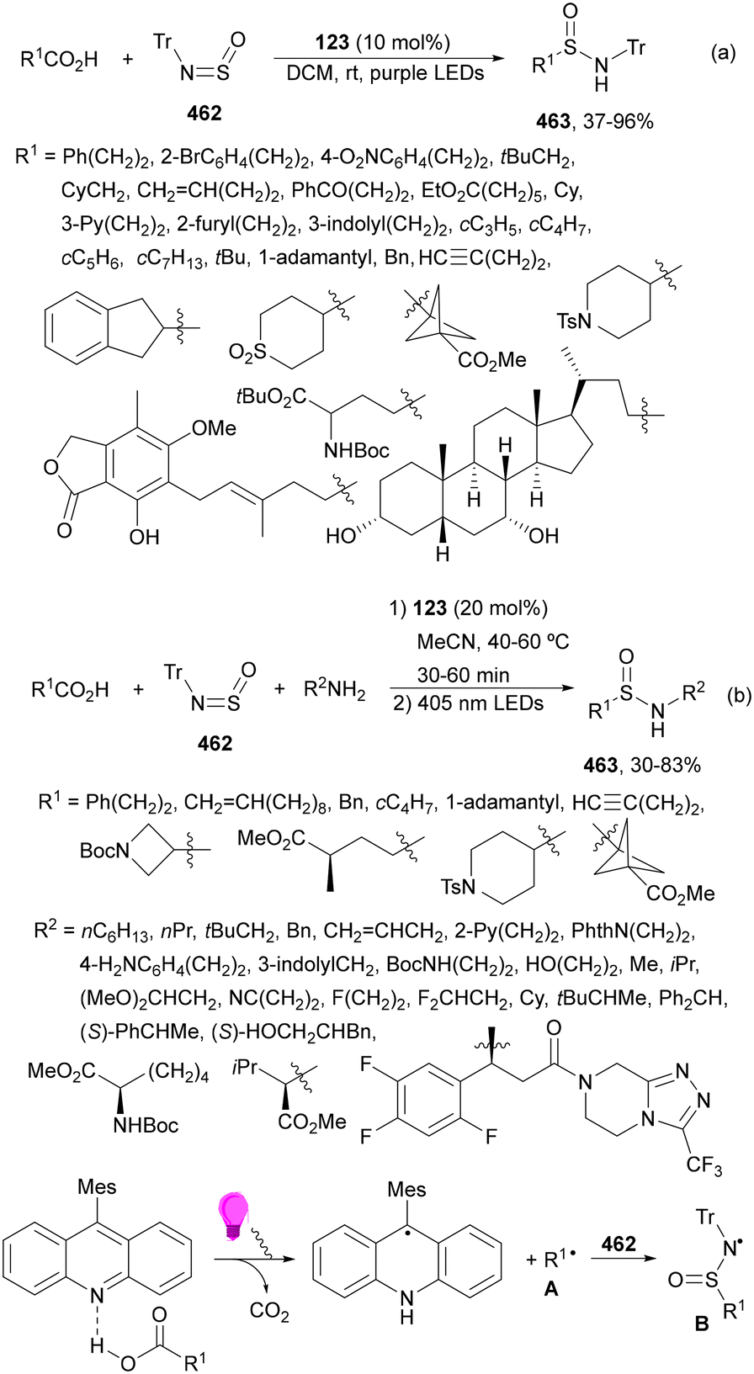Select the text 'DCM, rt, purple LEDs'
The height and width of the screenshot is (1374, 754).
click(x=385, y=72)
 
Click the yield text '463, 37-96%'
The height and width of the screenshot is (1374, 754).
click(x=595, y=121)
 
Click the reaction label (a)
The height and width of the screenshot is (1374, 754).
click(x=723, y=53)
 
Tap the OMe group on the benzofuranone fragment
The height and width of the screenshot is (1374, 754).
click(x=214, y=428)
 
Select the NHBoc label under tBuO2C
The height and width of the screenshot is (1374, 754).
click(x=357, y=451)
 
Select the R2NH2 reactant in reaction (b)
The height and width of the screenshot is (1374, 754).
click(x=333, y=691)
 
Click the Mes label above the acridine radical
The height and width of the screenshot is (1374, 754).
click(x=406, y=1190)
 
